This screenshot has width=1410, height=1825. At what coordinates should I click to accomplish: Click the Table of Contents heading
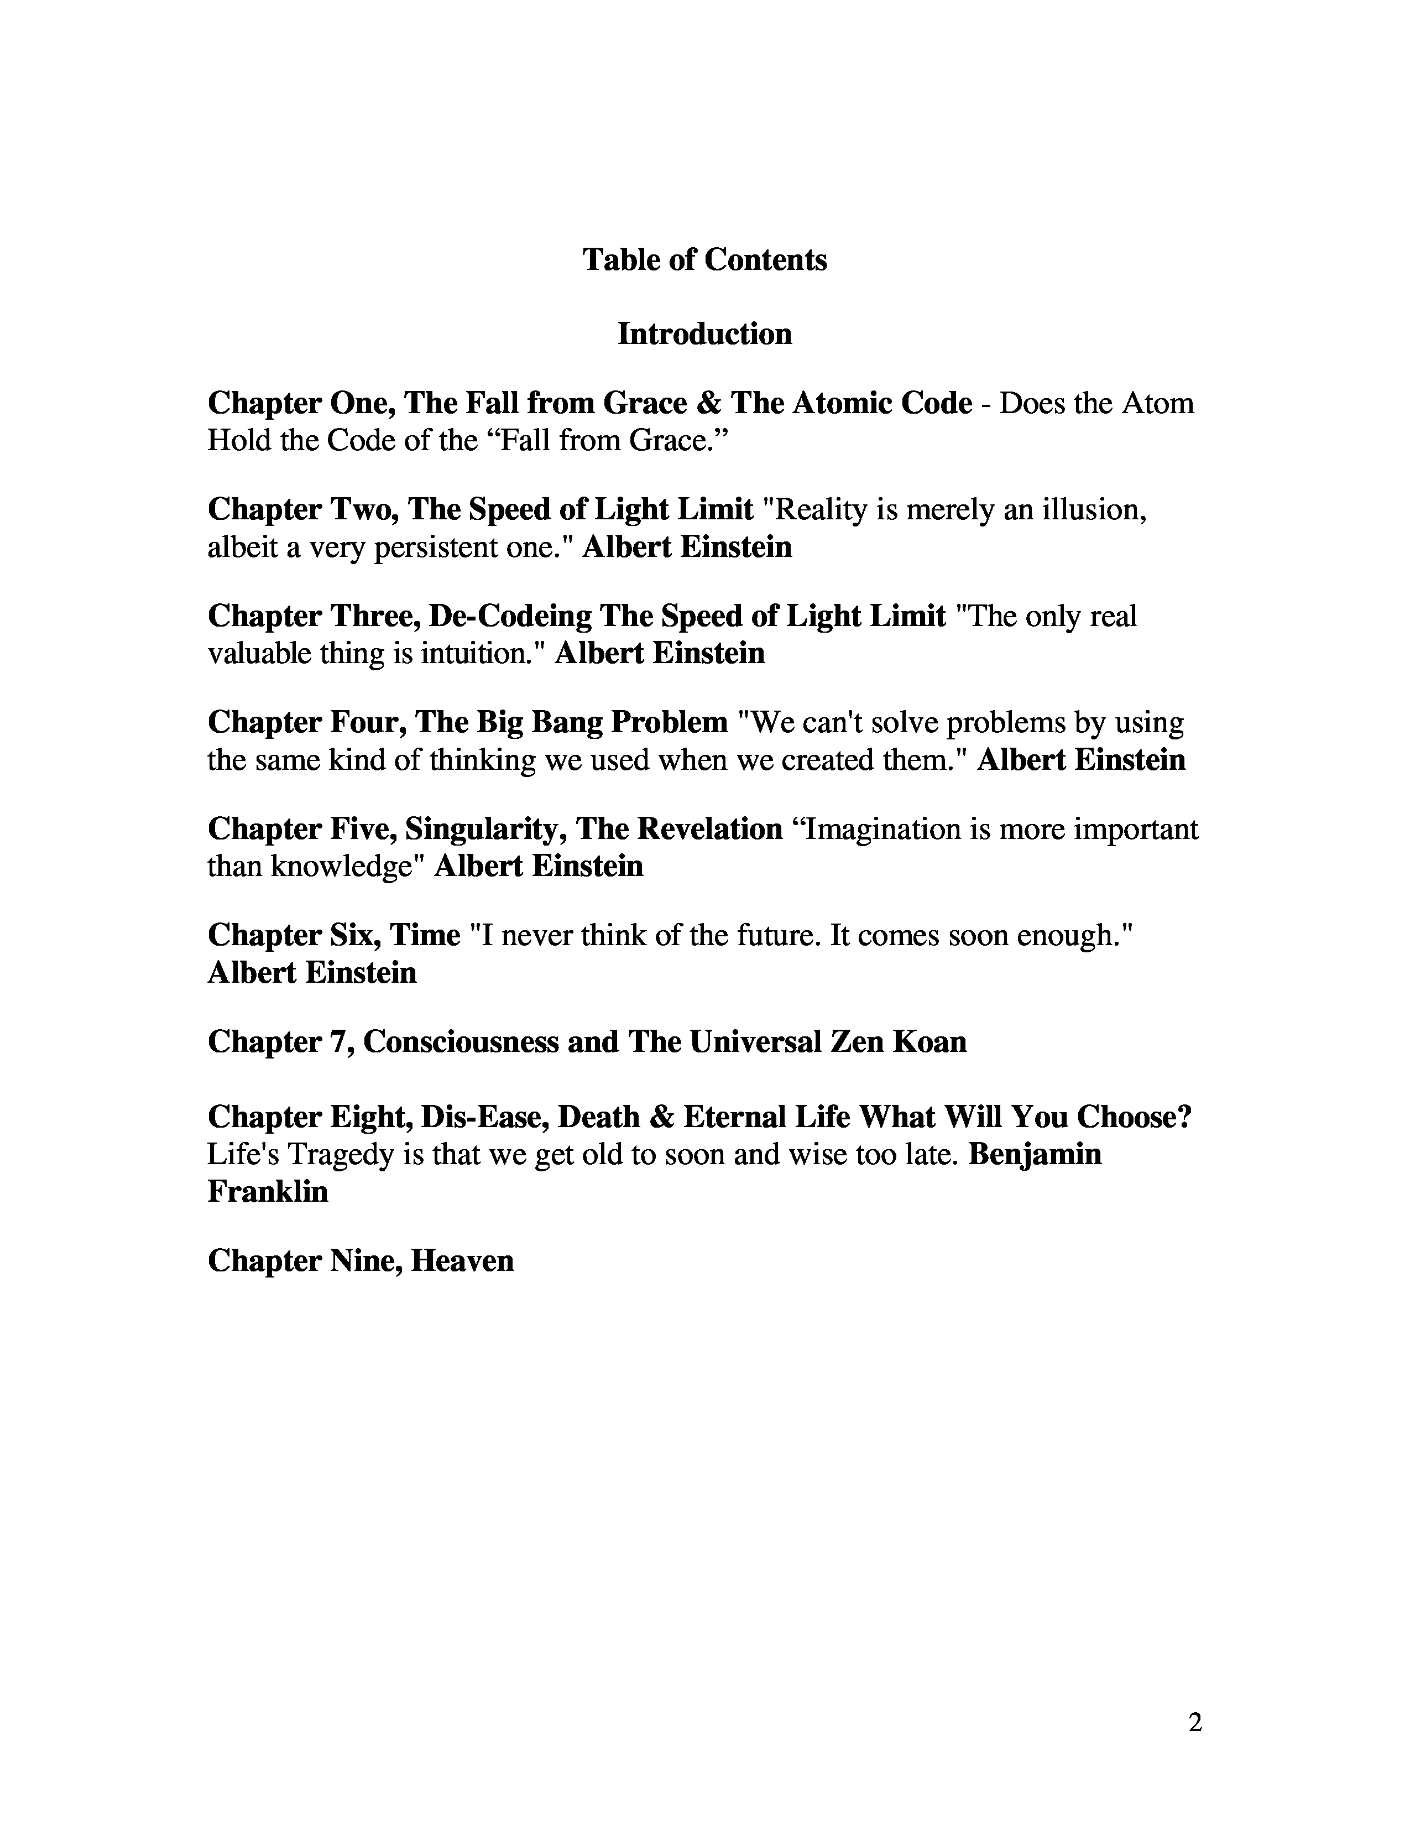[x=704, y=260]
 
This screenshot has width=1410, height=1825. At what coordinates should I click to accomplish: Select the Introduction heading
[x=704, y=334]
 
